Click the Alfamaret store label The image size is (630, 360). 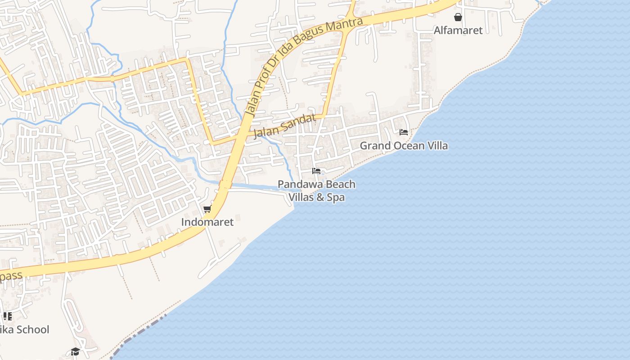[x=458, y=30]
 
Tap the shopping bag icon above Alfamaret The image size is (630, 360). [x=458, y=17]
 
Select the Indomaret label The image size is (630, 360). [x=207, y=222]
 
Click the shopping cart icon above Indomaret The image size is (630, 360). [x=207, y=209]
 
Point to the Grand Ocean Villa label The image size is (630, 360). [x=404, y=146]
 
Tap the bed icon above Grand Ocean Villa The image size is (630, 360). [x=404, y=132]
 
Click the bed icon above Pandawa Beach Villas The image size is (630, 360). [x=316, y=171]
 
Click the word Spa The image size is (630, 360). [x=336, y=197]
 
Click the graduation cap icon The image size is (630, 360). [x=75, y=351]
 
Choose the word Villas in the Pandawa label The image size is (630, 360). [x=303, y=197]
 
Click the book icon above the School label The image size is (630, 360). [x=7, y=316]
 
